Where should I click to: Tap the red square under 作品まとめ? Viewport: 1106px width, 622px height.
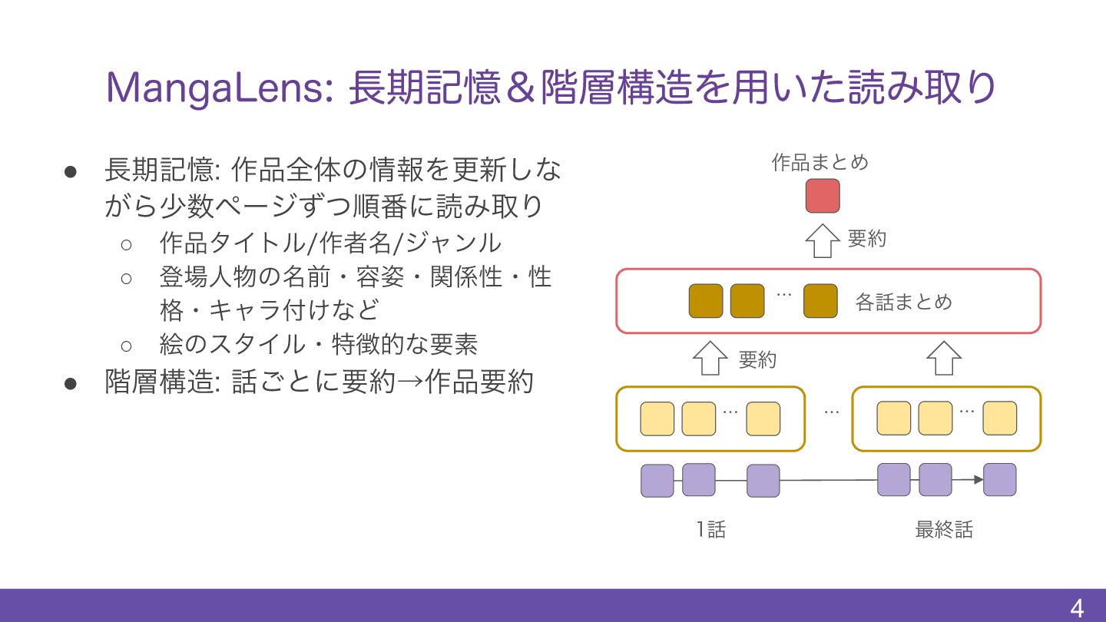point(823,196)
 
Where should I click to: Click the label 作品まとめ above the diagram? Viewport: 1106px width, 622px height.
point(820,163)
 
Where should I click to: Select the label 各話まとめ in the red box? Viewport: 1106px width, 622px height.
point(903,302)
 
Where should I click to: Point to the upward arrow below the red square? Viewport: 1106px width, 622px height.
point(823,240)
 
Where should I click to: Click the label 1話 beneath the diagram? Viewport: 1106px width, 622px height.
point(710,530)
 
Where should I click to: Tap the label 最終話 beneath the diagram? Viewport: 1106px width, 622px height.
point(944,530)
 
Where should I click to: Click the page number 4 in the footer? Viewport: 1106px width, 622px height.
point(1077,609)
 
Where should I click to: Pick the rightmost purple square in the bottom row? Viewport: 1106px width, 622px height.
point(999,480)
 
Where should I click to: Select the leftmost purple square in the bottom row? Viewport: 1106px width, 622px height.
point(657,480)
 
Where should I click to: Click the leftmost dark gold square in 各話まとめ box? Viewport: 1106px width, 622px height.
point(706,301)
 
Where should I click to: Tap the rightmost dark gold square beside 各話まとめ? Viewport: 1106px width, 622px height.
point(820,301)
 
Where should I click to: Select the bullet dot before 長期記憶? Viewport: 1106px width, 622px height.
point(71,170)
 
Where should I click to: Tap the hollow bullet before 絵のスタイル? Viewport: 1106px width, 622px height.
point(127,344)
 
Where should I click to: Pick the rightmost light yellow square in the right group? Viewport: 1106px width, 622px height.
point(999,419)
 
